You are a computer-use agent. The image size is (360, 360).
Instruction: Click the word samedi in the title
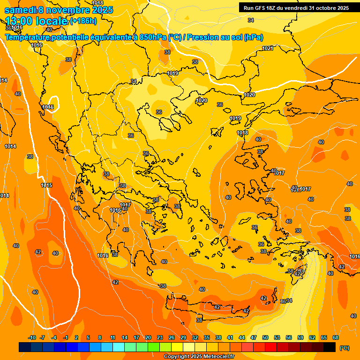[x=20, y=10]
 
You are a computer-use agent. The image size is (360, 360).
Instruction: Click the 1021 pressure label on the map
[x=268, y=48]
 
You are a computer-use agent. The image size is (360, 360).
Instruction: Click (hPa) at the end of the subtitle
[x=253, y=37]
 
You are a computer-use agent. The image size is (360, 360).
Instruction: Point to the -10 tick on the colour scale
[x=32, y=337]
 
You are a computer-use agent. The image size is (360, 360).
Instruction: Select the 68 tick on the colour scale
[x=336, y=337]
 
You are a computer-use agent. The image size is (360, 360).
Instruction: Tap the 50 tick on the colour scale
[x=265, y=337]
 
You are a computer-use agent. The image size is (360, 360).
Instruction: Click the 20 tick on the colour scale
[x=148, y=337]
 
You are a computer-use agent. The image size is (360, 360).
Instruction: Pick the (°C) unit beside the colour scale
[x=345, y=348]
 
